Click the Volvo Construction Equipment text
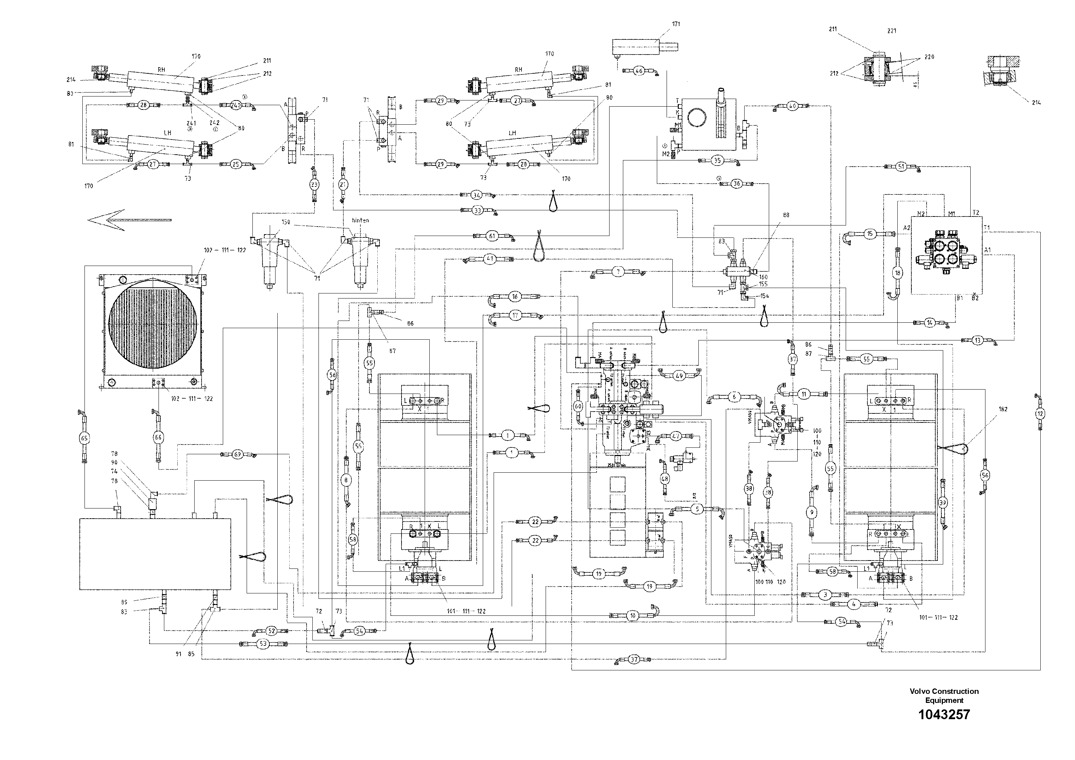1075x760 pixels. (944, 696)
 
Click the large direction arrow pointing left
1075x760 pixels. (129, 219)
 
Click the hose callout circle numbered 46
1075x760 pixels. (639, 71)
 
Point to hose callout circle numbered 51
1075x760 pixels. (901, 166)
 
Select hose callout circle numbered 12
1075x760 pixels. (1040, 414)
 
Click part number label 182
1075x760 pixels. (1002, 409)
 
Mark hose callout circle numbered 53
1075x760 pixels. (263, 644)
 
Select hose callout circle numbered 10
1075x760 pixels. (633, 615)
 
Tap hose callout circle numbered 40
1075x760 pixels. (792, 106)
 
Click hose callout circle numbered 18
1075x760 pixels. (898, 273)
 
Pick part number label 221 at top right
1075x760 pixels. (892, 31)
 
